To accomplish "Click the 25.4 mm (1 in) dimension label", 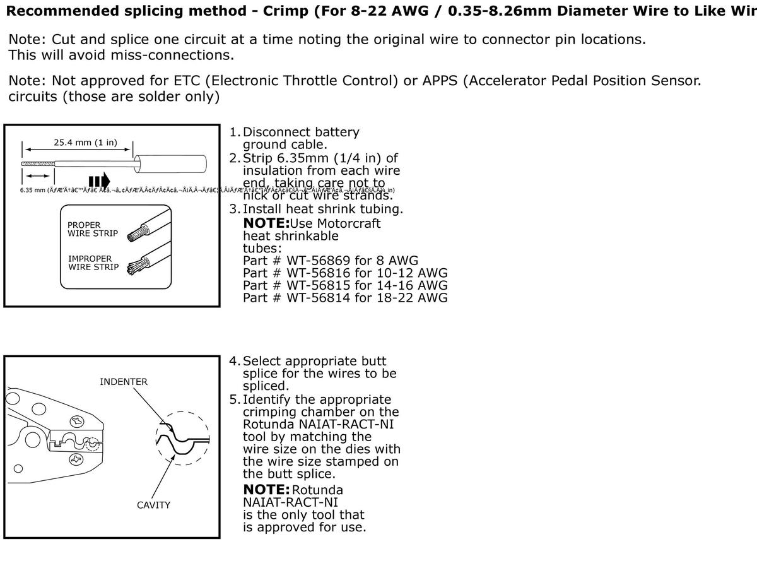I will [x=85, y=143].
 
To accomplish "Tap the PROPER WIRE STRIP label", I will [x=93, y=229].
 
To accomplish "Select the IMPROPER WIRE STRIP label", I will [x=93, y=263].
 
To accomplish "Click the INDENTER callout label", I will [x=124, y=382].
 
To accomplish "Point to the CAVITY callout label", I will [x=154, y=505].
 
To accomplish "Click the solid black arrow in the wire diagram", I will [x=99, y=183].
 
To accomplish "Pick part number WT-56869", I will [x=319, y=261].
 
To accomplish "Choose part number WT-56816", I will [x=319, y=273].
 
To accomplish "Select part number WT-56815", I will [x=319, y=285].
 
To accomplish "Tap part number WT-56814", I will [x=319, y=298].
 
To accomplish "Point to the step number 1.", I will [x=233, y=133].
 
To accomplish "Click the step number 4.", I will [x=233, y=362].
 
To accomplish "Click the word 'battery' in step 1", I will [x=336, y=133].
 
